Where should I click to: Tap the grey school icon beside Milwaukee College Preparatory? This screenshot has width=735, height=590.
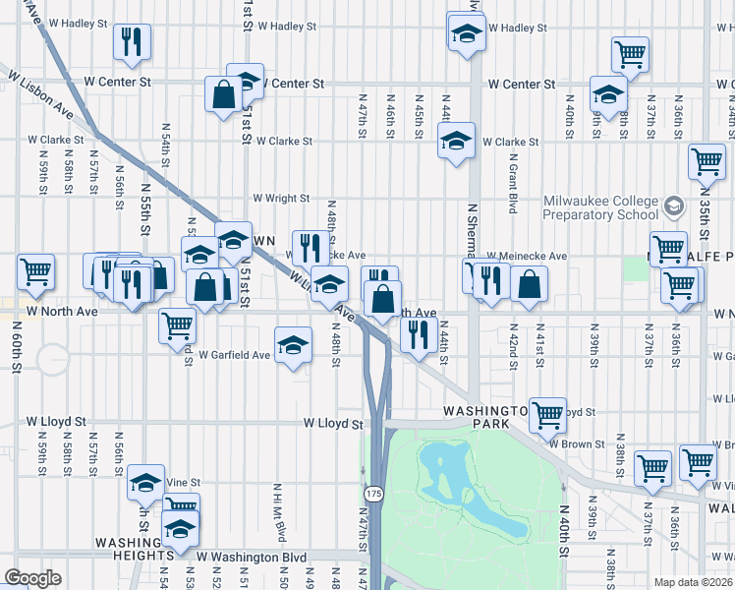674,207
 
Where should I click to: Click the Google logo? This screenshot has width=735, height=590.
33,578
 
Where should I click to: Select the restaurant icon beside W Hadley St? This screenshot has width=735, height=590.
132,41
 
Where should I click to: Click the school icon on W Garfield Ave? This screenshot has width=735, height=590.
293,345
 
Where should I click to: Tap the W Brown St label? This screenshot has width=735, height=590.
577,443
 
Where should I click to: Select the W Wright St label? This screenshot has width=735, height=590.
281,199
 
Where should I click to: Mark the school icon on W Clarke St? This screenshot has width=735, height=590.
456,142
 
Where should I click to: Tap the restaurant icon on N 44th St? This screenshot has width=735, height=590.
419,335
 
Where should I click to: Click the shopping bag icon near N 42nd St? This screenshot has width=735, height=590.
529,284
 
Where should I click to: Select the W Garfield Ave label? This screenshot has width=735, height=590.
234,355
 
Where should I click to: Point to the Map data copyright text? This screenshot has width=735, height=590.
694,581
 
